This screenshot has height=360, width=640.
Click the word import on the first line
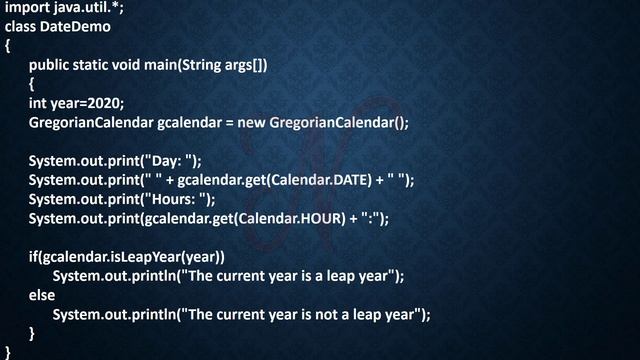coord(28,9)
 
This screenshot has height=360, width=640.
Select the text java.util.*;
coord(91,9)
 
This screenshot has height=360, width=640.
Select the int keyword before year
coord(37,103)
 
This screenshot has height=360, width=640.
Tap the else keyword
coord(42,295)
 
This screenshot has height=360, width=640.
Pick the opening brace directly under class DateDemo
coord(8,46)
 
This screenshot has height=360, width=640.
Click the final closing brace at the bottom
coord(8,351)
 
